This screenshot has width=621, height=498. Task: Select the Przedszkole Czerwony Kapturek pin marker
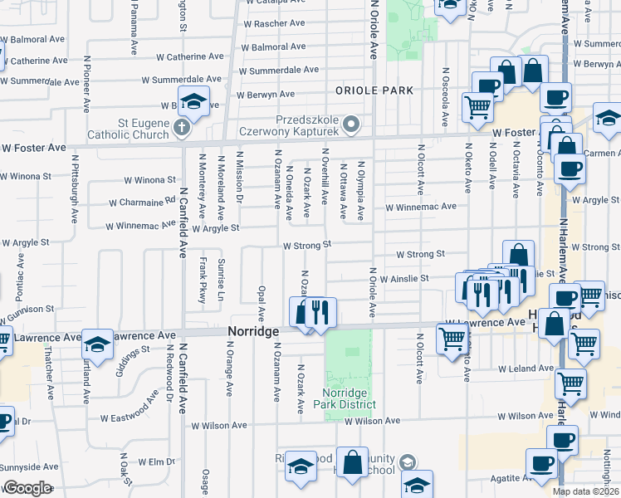351,126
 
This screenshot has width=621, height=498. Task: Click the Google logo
27,488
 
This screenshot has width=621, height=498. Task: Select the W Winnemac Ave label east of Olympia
420,207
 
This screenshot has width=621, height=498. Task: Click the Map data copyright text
586,491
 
